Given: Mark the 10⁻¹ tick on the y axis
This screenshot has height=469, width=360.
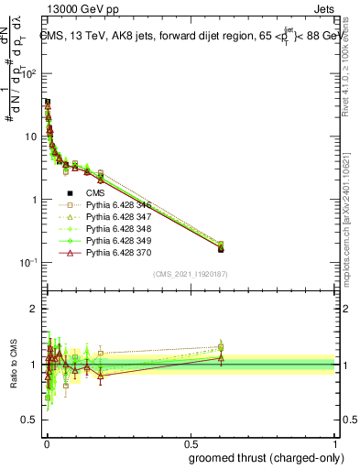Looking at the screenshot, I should point(27,263).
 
